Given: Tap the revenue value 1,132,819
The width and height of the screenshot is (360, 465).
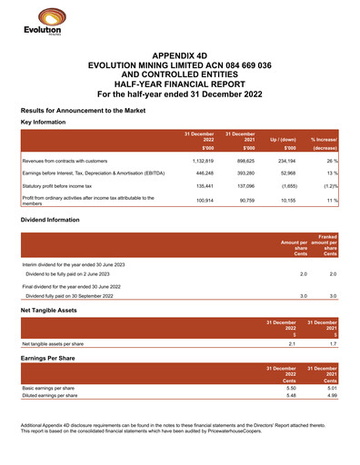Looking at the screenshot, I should (x=197, y=161).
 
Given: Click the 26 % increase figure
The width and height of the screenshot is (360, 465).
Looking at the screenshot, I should (x=332, y=161).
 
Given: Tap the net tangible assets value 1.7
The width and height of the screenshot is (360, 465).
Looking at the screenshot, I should (x=333, y=344).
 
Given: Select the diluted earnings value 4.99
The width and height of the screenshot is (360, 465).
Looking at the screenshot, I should (x=333, y=397).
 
